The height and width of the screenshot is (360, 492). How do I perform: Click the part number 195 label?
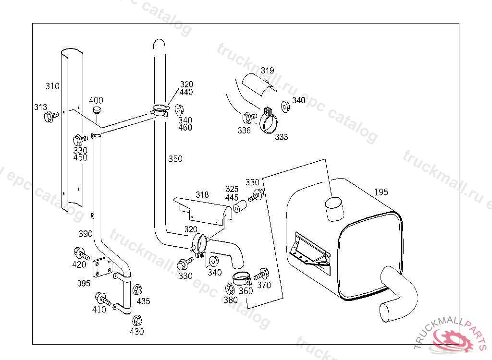[381, 192]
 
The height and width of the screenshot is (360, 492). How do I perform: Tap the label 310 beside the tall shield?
[53, 86]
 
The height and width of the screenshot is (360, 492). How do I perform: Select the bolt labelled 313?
[49, 116]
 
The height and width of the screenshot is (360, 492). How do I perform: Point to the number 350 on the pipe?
[175, 159]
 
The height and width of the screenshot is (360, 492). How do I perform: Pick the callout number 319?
[268, 71]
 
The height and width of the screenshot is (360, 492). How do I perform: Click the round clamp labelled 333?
[269, 122]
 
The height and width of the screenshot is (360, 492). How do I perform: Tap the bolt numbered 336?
[248, 117]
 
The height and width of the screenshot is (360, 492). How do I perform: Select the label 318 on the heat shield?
[202, 195]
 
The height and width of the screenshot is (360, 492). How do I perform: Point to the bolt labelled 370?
[261, 274]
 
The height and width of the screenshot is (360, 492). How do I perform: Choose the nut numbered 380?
[229, 289]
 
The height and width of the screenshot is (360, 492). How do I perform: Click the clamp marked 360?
[241, 278]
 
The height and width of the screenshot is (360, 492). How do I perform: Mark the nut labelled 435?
[137, 289]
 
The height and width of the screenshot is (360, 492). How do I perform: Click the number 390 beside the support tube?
[86, 234]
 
